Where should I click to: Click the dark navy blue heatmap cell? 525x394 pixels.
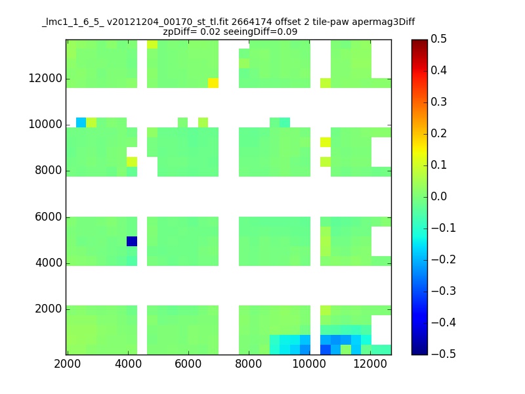tap(132, 241)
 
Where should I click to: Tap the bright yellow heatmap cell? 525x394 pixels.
tap(213, 83)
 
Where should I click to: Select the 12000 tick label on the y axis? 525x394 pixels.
tap(45, 78)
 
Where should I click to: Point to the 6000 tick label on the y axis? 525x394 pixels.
tap(49, 217)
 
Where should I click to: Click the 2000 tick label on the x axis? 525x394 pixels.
tap(68, 364)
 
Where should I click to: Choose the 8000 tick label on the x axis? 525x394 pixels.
tap(249, 364)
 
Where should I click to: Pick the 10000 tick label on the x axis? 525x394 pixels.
tap(309, 364)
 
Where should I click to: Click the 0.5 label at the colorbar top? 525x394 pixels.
tap(438, 39)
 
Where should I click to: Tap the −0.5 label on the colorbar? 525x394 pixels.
tap(444, 354)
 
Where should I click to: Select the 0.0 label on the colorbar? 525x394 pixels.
tap(438, 196)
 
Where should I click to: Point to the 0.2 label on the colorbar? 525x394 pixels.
tap(438, 133)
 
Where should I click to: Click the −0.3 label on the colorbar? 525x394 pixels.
tap(444, 291)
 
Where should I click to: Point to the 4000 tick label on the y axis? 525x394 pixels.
tap(49, 263)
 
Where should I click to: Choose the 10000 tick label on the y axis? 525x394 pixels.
tap(45, 124)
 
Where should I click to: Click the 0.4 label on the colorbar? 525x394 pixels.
tap(438, 70)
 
